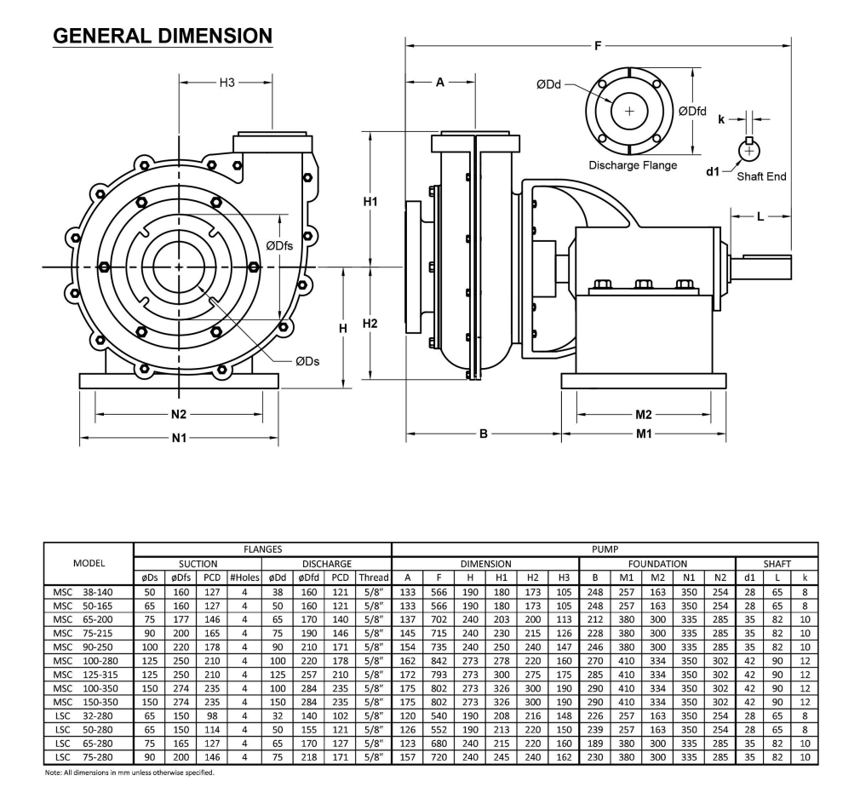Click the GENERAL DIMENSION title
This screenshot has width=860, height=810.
click(x=163, y=36)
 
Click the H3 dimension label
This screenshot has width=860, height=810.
click(x=226, y=83)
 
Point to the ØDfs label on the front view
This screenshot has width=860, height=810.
click(x=278, y=245)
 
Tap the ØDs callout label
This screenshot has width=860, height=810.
click(x=307, y=361)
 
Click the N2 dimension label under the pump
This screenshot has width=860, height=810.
click(x=178, y=414)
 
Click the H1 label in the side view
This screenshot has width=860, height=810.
click(x=370, y=202)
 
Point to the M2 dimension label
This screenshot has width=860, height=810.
click(x=644, y=414)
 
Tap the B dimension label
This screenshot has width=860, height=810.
click(x=483, y=434)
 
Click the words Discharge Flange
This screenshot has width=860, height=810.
click(x=633, y=165)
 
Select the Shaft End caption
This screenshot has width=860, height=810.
click(x=761, y=176)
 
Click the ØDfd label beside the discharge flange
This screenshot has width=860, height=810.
click(x=691, y=111)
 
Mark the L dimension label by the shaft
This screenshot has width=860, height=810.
click(x=760, y=216)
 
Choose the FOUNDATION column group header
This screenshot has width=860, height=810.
click(x=657, y=564)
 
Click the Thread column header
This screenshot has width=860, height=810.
click(x=376, y=577)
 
